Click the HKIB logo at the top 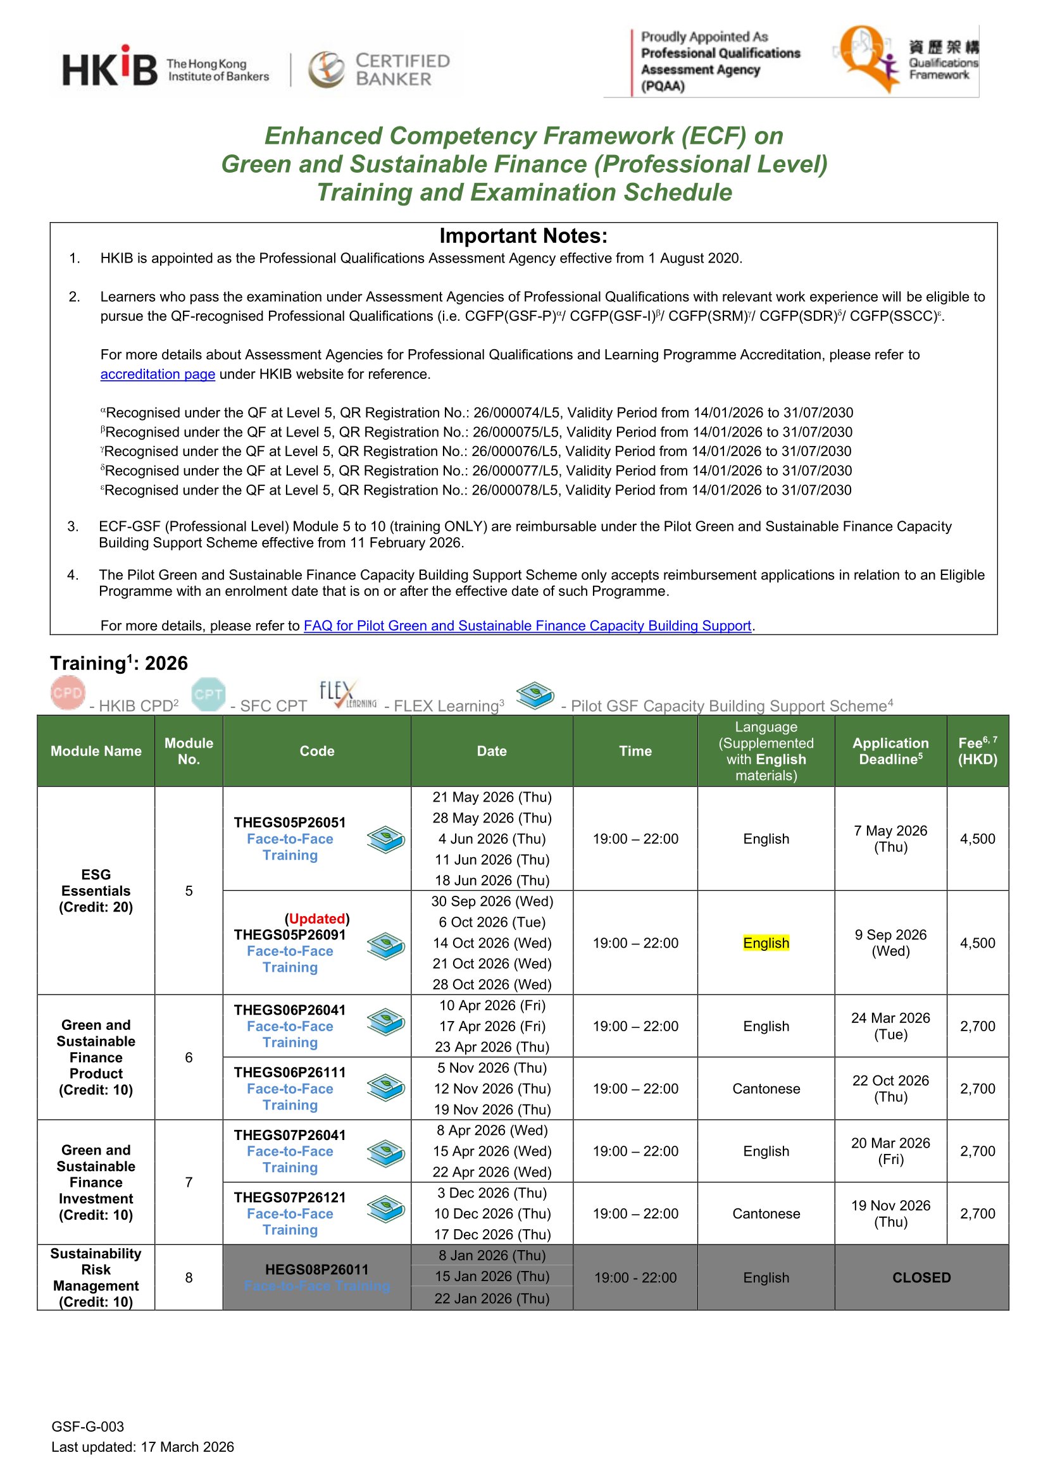point(109,68)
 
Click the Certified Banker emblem point(327,69)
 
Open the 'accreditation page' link point(158,374)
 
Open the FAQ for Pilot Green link point(527,626)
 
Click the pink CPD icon point(68,693)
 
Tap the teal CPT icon point(208,694)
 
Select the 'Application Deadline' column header point(890,751)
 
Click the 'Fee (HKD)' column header point(977,751)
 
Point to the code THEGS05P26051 point(290,822)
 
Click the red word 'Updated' point(317,919)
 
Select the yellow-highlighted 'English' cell point(766,943)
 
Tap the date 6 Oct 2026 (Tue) point(492,922)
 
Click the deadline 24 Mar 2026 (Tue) point(890,1026)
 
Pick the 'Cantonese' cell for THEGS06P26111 point(766,1089)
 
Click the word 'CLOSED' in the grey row point(921,1278)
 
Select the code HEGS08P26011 point(317,1270)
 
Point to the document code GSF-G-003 point(88,1427)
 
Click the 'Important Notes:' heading point(523,236)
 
